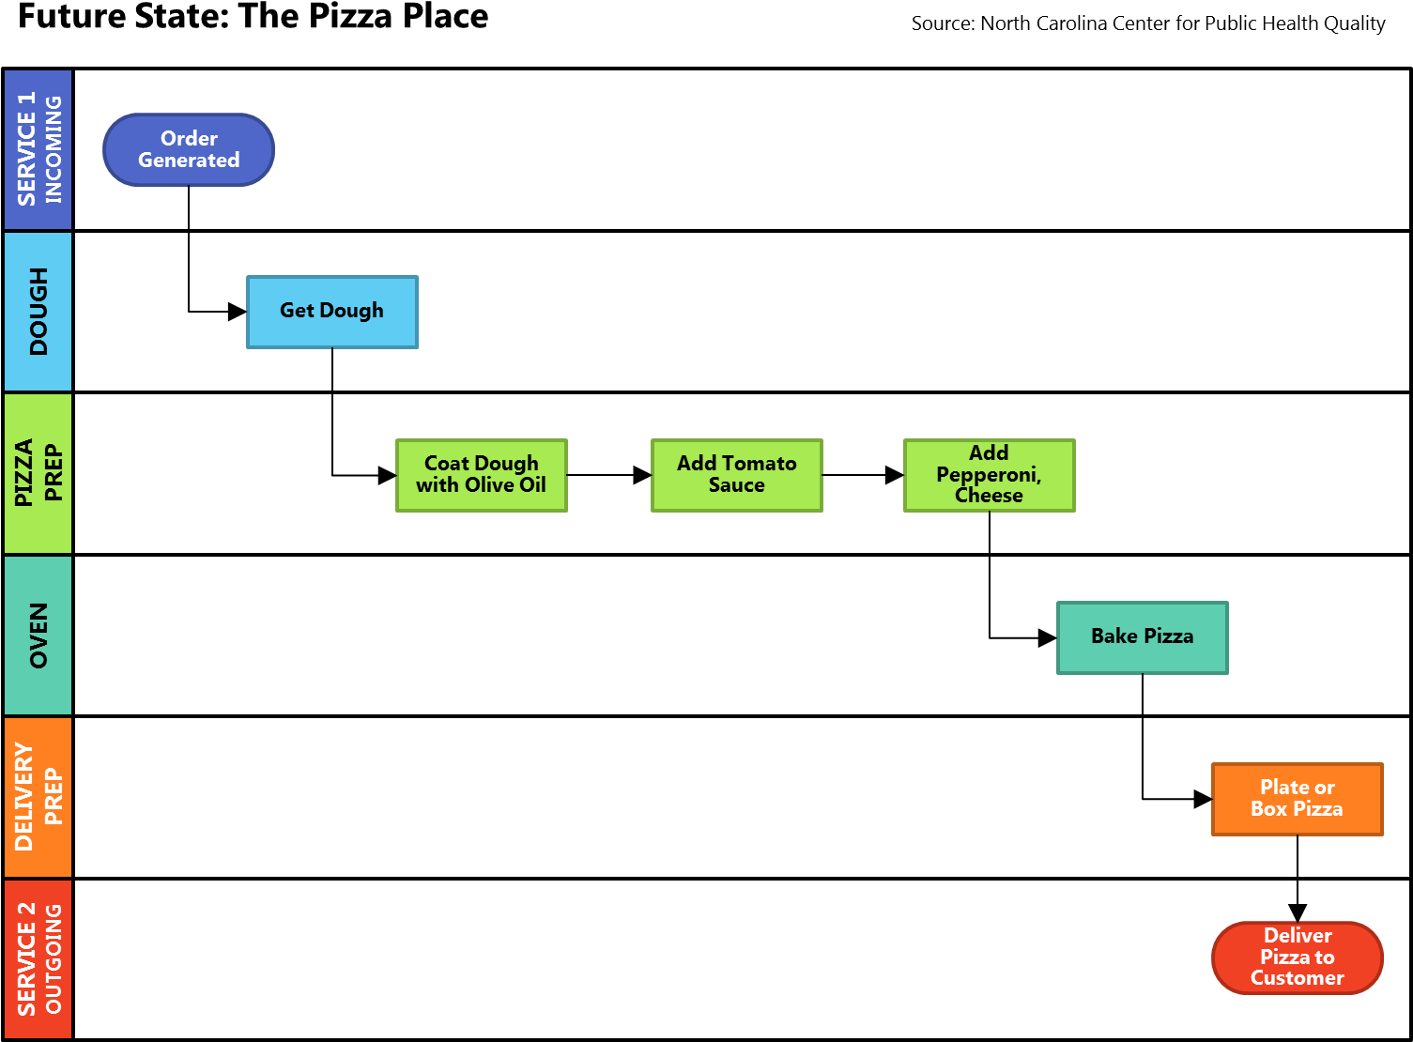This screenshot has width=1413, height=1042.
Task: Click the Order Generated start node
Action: tap(189, 150)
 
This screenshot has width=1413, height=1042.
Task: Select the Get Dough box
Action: tap(331, 312)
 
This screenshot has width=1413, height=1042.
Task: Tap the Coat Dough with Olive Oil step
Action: tap(481, 475)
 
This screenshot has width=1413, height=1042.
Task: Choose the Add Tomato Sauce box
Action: tap(736, 475)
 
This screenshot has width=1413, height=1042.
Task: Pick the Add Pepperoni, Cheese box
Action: tap(989, 475)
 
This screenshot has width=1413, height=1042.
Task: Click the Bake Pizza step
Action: tap(1142, 637)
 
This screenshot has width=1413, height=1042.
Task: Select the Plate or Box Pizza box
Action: tap(1297, 799)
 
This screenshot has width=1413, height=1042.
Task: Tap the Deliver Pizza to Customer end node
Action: tap(1297, 958)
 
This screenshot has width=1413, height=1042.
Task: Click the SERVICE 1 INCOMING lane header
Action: tap(38, 150)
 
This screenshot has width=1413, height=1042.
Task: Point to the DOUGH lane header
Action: tap(38, 312)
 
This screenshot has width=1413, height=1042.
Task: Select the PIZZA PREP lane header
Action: tap(38, 473)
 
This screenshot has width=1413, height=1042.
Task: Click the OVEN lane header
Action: tap(38, 636)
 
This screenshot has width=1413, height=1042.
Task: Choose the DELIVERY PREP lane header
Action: tap(38, 797)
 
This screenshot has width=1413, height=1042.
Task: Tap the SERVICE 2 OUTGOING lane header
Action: tap(38, 958)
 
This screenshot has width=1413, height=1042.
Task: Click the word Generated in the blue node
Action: tap(189, 161)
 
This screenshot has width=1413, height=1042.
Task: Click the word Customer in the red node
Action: tap(1297, 978)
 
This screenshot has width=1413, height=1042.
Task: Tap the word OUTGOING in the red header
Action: tap(54, 958)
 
